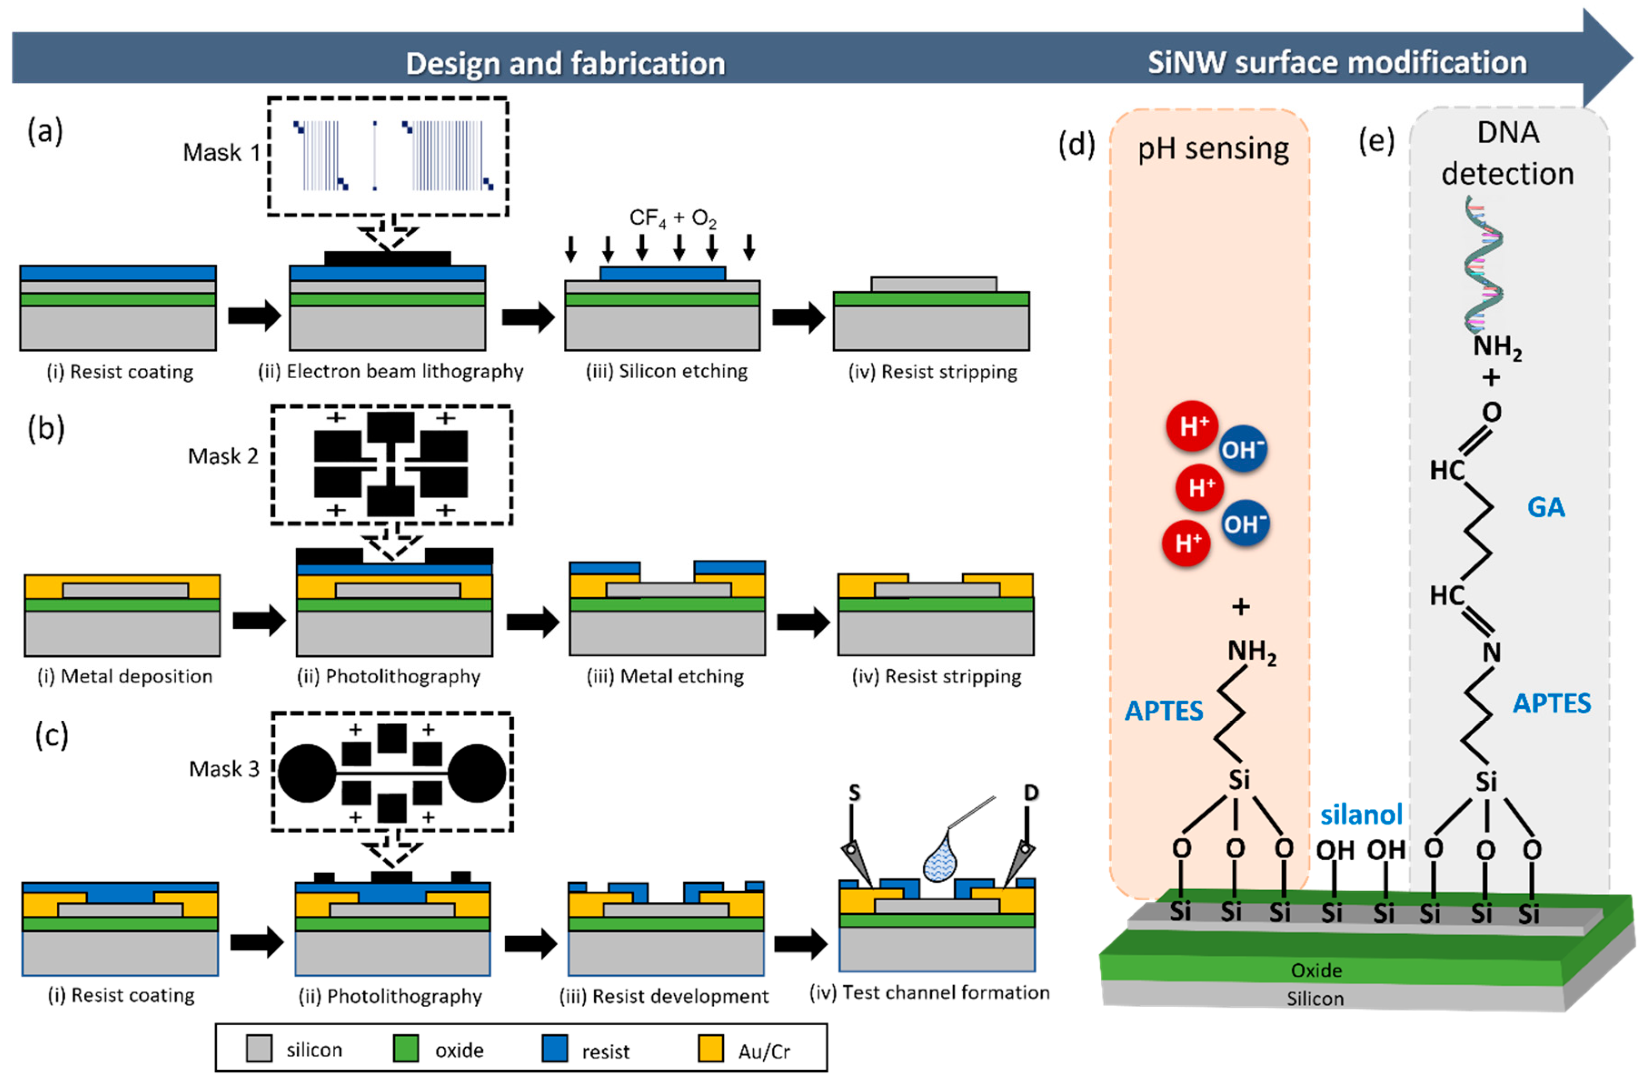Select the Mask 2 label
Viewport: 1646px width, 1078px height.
(223, 456)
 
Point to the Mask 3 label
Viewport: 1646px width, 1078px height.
(224, 769)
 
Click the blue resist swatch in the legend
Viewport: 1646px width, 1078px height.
(555, 1048)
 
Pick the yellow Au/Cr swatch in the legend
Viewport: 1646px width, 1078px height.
(711, 1048)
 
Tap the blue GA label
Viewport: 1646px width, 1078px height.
(1545, 507)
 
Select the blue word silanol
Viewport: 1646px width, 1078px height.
(1361, 814)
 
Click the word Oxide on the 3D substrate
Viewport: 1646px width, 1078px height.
(1316, 970)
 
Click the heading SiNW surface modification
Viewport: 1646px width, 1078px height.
(1337, 62)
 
